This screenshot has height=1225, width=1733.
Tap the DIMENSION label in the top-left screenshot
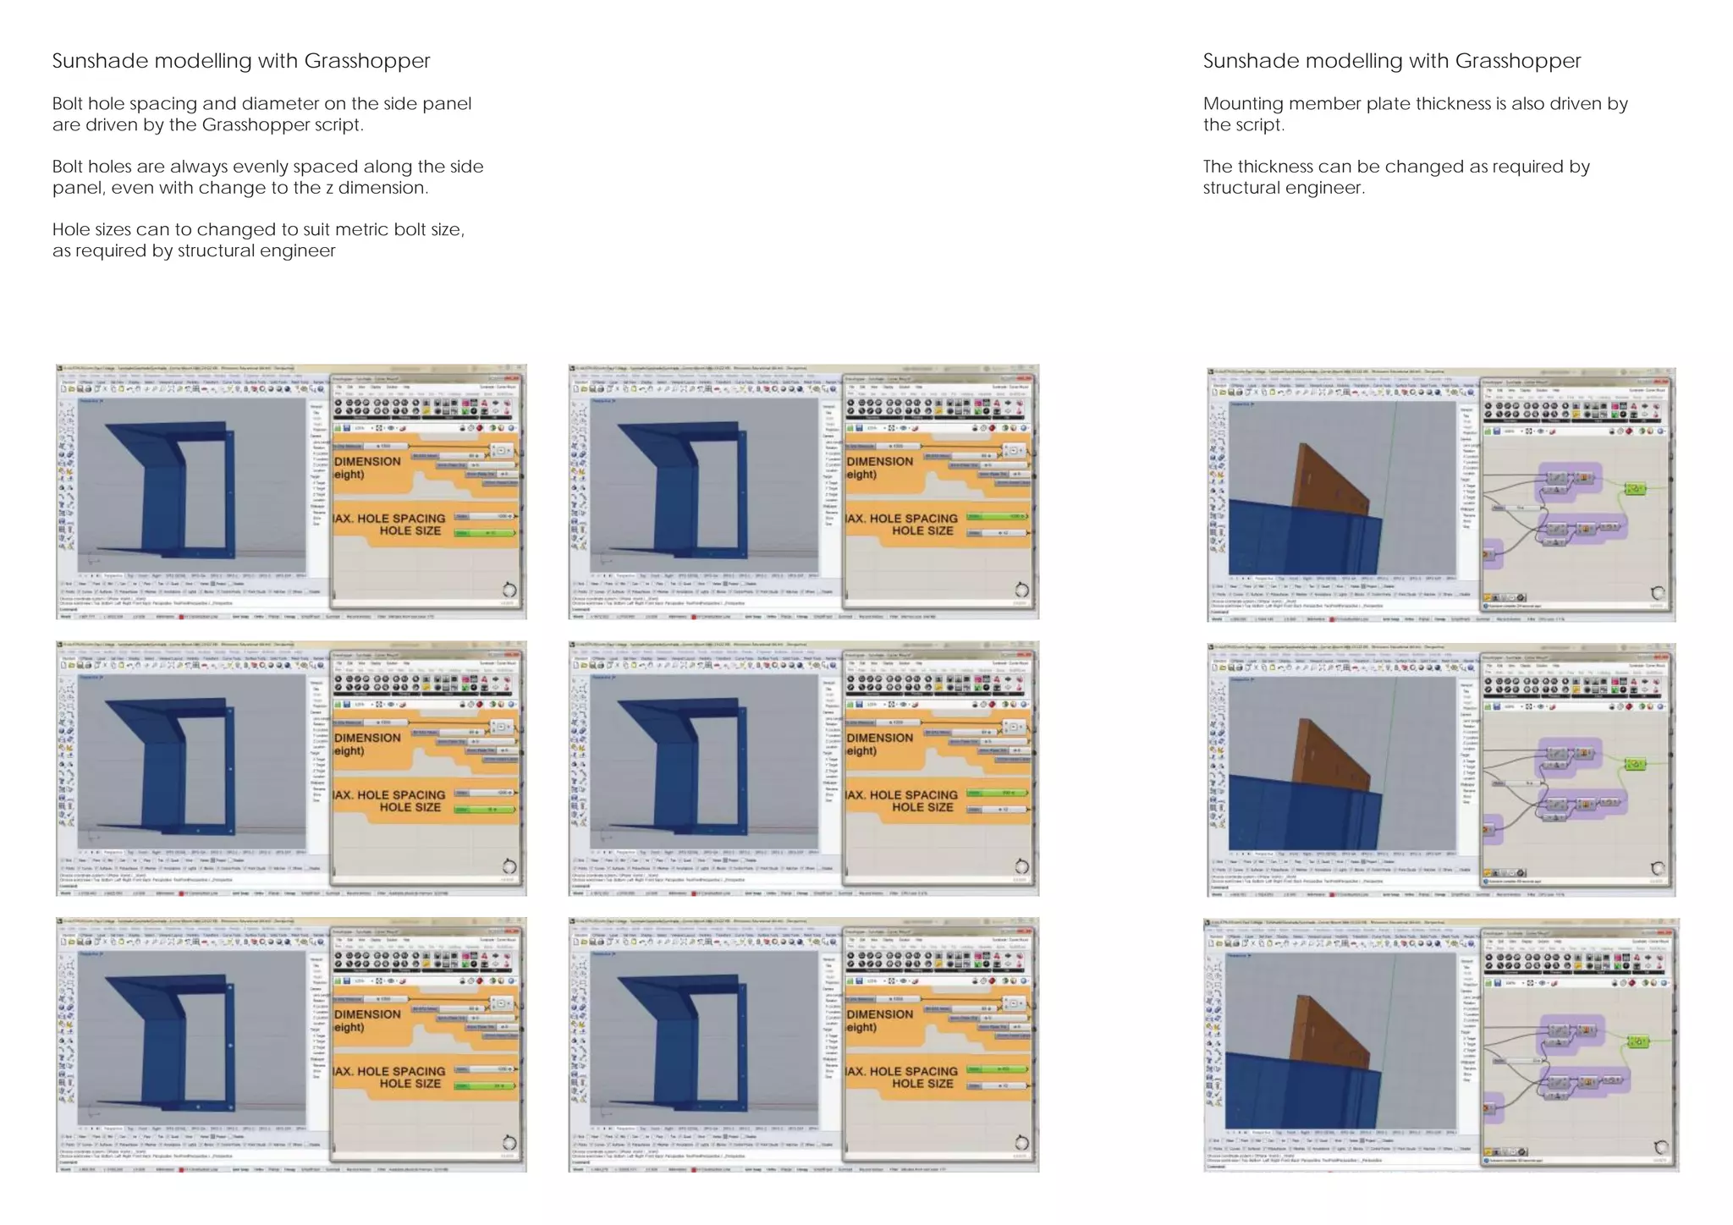click(x=367, y=461)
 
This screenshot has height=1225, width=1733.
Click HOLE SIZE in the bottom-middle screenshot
click(x=922, y=1084)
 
